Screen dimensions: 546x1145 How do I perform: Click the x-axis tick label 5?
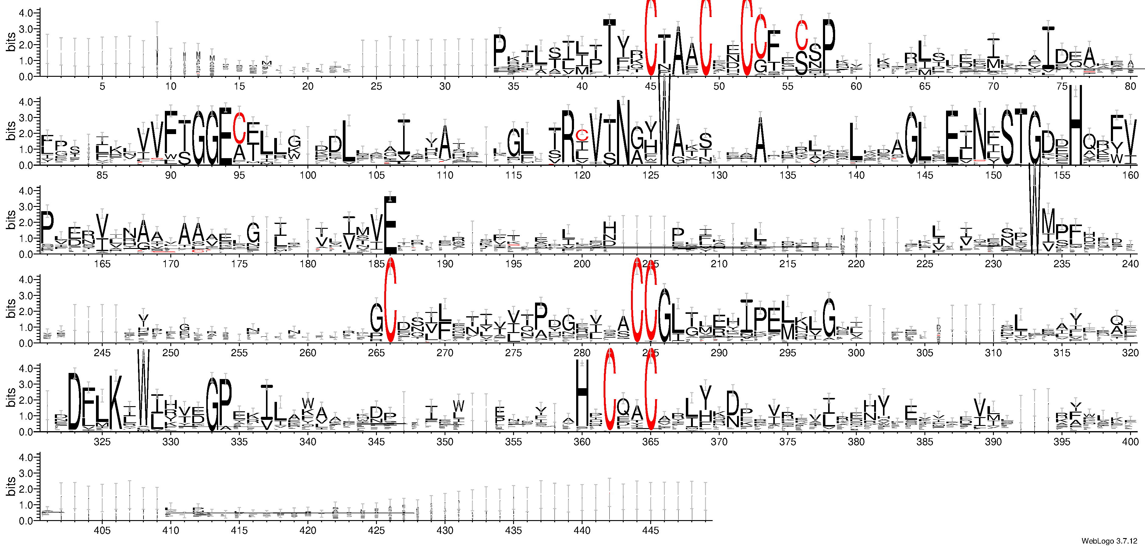[x=102, y=86]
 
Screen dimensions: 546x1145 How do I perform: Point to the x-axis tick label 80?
[x=1130, y=86]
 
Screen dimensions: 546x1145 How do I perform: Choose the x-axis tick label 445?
[x=651, y=530]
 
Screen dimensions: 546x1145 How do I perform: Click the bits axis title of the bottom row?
[x=11, y=486]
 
